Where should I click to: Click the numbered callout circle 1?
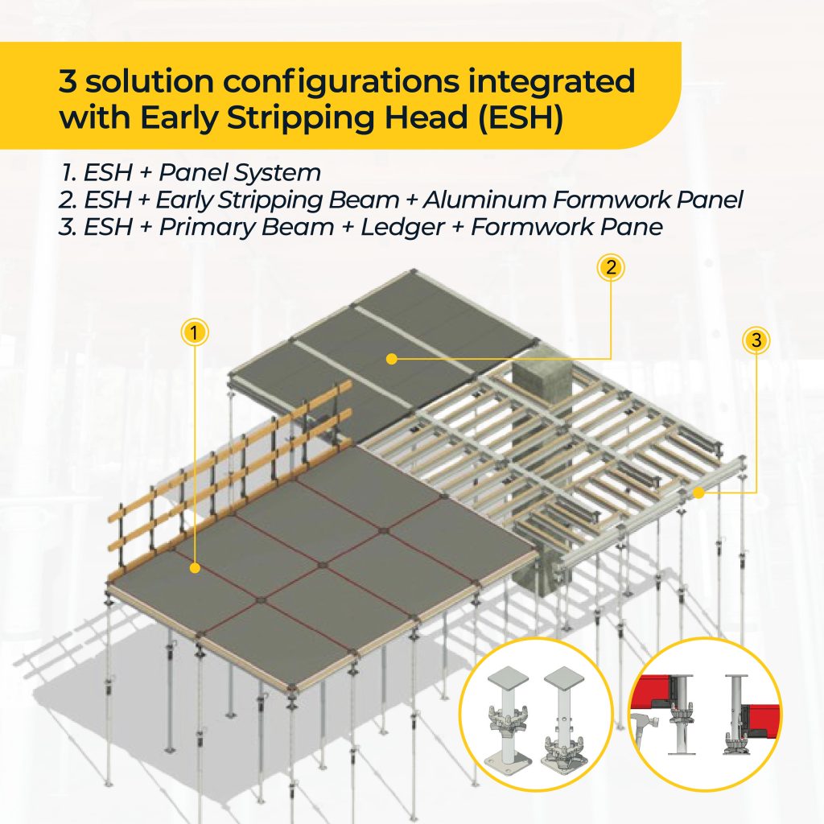[195, 332]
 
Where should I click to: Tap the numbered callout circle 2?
[611, 267]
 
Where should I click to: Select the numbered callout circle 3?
[756, 340]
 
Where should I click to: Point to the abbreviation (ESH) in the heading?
[521, 117]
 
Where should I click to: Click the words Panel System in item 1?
[240, 173]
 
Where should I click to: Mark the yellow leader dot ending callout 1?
[195, 568]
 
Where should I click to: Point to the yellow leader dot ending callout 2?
[391, 359]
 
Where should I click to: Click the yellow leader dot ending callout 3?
[698, 492]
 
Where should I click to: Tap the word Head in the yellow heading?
[426, 117]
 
